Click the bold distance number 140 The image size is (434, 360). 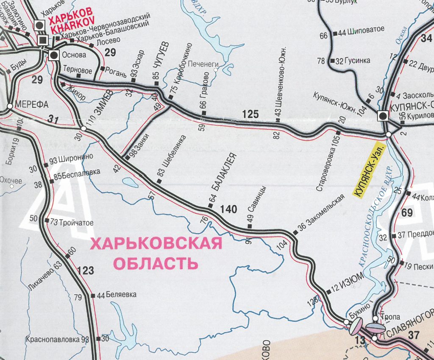pos(228,209)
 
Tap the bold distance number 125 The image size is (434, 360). pos(250,114)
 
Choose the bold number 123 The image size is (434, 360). pos(85,271)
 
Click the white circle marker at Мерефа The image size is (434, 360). pos(9,106)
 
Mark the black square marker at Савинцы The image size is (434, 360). pos(249,226)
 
